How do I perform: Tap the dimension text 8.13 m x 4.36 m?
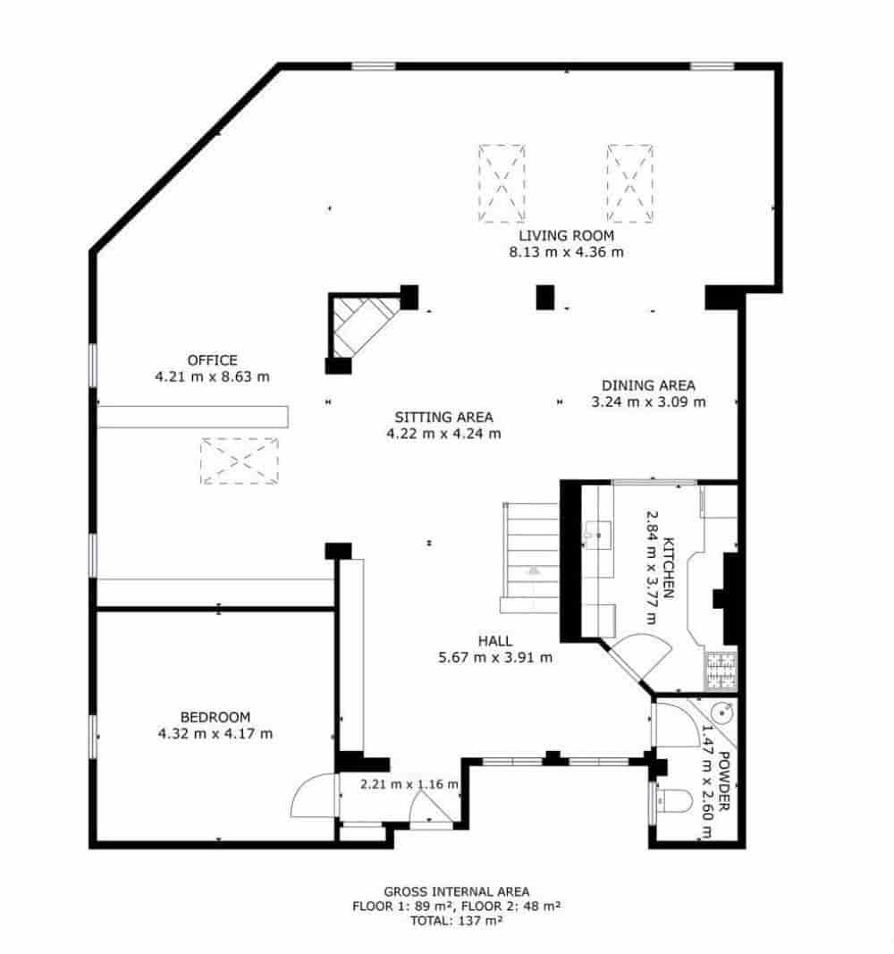[x=566, y=252]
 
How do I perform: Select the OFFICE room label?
[x=212, y=360]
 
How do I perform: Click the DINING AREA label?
[x=648, y=385]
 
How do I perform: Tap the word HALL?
[x=494, y=641]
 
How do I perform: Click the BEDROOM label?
[x=215, y=717]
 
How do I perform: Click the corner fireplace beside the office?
[x=362, y=324]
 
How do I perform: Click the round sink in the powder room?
[x=722, y=713]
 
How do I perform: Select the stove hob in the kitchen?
[x=720, y=671]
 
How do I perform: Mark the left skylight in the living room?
[x=502, y=183]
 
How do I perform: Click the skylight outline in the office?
[x=239, y=460]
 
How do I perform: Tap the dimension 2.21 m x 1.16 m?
[x=409, y=785]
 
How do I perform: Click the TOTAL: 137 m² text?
[x=456, y=920]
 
